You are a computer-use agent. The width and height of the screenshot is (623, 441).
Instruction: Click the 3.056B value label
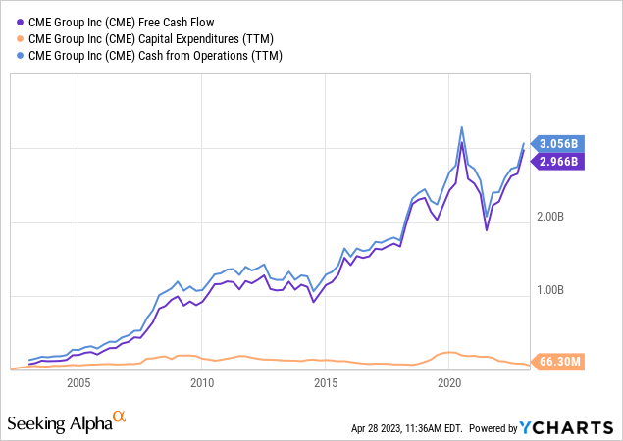click(x=558, y=144)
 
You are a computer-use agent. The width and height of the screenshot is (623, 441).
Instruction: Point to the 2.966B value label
click(x=558, y=161)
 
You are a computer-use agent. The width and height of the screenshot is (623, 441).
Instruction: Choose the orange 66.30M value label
click(x=558, y=363)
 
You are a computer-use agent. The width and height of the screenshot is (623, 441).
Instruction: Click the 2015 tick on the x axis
click(x=325, y=383)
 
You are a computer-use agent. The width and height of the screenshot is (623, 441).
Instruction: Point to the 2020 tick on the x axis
click(x=448, y=383)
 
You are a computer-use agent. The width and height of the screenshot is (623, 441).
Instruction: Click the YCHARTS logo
click(x=579, y=426)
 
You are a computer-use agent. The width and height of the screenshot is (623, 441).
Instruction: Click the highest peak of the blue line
click(x=461, y=127)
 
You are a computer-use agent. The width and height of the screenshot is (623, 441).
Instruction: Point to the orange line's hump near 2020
click(x=448, y=352)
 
